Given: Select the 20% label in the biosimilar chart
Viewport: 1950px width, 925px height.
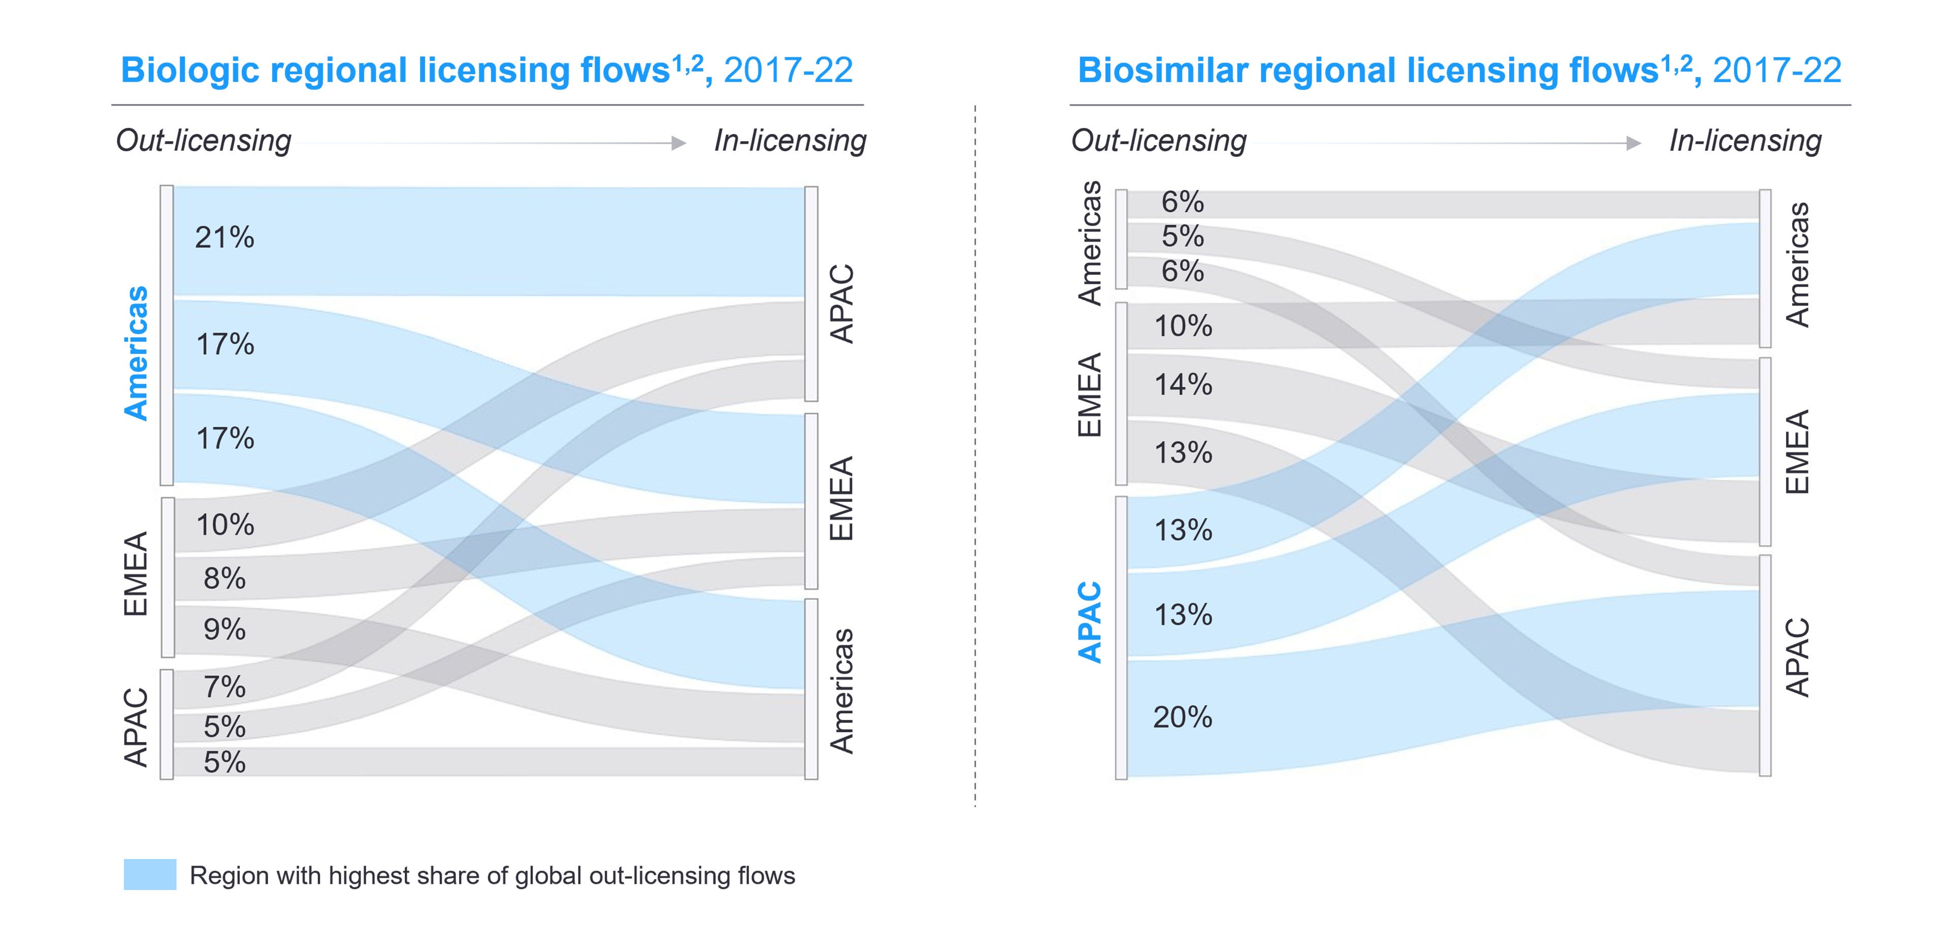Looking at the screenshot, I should (x=1182, y=717).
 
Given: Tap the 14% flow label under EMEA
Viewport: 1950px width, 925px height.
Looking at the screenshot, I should (x=1182, y=385).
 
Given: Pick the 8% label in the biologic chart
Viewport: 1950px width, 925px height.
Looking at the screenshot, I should (x=224, y=578).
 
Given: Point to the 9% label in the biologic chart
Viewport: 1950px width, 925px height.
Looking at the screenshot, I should (x=224, y=629).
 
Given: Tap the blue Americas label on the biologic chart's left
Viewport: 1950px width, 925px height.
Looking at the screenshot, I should (x=136, y=353).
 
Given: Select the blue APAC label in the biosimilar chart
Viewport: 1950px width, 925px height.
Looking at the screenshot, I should (x=1090, y=622).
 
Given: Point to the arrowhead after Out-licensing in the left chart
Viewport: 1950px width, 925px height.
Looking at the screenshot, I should (x=678, y=143).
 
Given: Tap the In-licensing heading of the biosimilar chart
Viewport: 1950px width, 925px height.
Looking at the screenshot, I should (x=1745, y=141).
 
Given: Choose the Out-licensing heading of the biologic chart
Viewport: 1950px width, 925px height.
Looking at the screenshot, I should (x=203, y=141).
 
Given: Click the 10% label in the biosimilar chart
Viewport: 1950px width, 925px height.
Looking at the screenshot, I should (x=1182, y=326).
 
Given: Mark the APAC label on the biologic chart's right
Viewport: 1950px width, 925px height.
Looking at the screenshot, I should (x=842, y=304).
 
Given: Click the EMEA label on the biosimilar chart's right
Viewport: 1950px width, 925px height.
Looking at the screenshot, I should (x=1796, y=452).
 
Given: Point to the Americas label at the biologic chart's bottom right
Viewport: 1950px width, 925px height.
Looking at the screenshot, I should (x=842, y=691).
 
